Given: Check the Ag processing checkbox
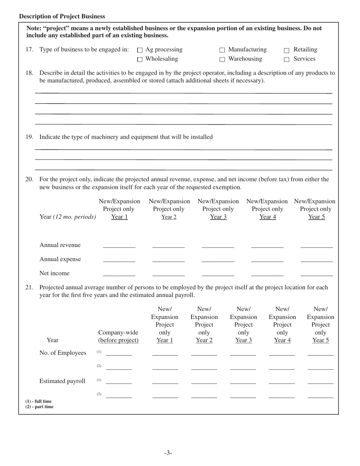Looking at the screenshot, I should click(x=139, y=50).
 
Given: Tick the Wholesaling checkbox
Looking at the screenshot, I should click(x=139, y=59).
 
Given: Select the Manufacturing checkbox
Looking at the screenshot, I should click(x=222, y=50).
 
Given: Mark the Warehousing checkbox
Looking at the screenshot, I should click(x=222, y=59).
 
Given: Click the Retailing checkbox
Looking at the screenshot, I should click(x=287, y=50).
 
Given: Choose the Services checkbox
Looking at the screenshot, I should click(x=287, y=59).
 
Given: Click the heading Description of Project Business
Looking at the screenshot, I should click(x=62, y=16).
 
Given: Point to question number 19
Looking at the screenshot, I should click(x=29, y=137).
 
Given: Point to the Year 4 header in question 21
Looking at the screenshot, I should click(x=282, y=340).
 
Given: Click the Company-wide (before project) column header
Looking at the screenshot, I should click(x=118, y=336).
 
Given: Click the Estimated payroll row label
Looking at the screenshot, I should click(x=62, y=381).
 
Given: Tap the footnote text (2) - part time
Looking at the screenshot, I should click(x=39, y=407).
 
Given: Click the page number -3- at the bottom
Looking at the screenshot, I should click(x=168, y=453).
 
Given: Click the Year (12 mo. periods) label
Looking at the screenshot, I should click(x=67, y=217).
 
